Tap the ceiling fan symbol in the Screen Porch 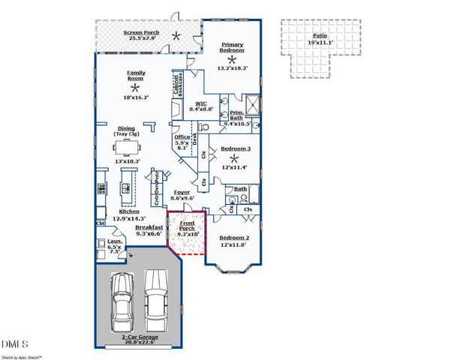[x=176, y=35]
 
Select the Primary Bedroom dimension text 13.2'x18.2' [x=232, y=68]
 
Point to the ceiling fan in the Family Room [x=136, y=88]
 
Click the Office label [x=182, y=137]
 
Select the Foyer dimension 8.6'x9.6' [x=182, y=198]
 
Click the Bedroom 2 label [x=234, y=238]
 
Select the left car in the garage [x=122, y=305]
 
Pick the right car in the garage [x=155, y=300]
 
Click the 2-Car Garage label [x=139, y=339]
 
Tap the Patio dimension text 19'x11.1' [x=309, y=43]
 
